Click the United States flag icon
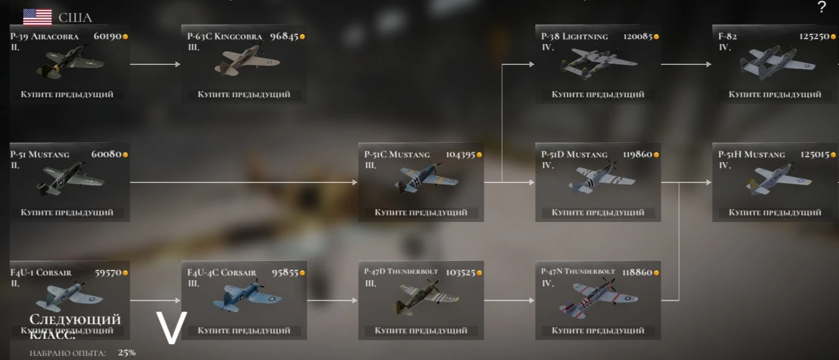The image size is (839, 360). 37,17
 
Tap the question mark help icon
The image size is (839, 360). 822,8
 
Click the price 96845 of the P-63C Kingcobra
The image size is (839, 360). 284,37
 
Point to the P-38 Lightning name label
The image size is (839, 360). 574,37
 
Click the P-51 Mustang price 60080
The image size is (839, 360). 106,155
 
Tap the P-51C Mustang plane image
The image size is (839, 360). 426,179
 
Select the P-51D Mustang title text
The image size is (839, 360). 574,155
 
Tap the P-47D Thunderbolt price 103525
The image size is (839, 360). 460,273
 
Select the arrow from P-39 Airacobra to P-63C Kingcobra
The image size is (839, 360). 155,64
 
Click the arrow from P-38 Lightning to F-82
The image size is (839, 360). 686,64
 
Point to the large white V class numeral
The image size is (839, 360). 171,328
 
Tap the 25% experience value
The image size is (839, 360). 126,353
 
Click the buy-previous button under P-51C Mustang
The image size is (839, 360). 421,212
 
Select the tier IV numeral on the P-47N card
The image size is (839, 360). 547,283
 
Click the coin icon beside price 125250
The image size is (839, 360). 833,37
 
